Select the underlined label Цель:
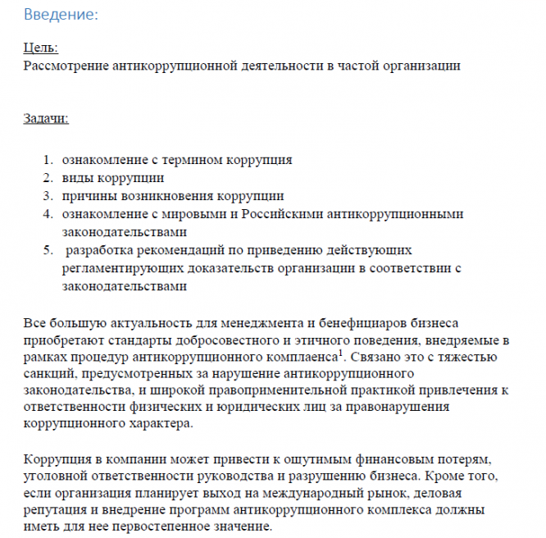[41, 48]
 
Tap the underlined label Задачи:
[46, 119]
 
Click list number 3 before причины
[48, 196]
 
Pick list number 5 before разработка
[48, 250]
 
